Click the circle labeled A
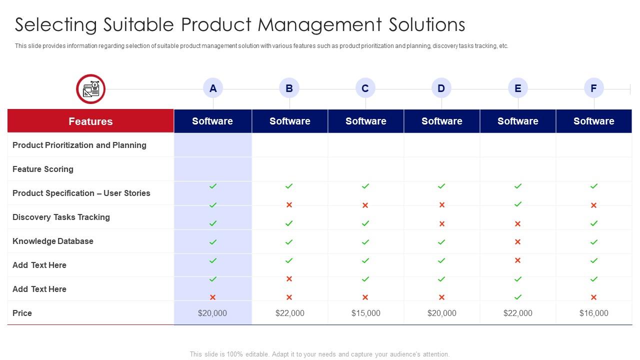[213, 88]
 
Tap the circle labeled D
[441, 88]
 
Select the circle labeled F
[593, 88]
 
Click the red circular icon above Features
[90, 89]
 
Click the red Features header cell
[90, 121]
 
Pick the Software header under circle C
[365, 121]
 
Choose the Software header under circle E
[517, 121]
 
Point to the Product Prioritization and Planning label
[79, 145]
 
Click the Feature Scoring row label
[43, 169]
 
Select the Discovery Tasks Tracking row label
[61, 217]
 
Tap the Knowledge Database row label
[53, 241]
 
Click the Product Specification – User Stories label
[81, 193]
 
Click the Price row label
[22, 313]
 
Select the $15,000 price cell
[365, 313]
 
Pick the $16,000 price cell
[593, 313]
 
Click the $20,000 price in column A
[212, 313]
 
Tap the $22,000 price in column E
[517, 313]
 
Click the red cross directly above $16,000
[593, 297]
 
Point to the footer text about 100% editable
[319, 354]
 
